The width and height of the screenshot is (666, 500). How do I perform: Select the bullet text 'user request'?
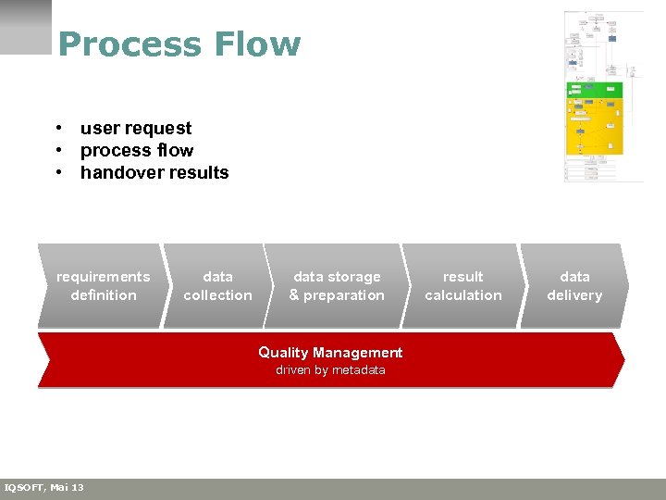pos(136,128)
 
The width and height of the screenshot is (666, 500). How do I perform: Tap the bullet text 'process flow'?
pos(137,150)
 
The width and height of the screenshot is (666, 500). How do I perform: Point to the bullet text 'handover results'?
pos(154,172)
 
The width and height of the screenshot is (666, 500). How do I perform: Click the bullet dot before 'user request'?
pos(57,128)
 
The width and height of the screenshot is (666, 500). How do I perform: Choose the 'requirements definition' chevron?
pos(102,285)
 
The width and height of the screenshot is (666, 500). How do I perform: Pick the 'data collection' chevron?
pos(217,285)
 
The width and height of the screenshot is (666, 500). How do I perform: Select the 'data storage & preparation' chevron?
pos(336,285)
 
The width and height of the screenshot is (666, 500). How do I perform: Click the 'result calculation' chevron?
pos(462,285)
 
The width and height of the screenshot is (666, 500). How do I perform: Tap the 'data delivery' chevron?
pos(574,285)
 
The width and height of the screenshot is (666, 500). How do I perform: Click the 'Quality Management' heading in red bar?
pos(330,353)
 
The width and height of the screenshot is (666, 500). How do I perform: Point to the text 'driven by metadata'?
pos(330,370)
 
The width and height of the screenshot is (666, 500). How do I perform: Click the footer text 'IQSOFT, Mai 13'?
pos(43,488)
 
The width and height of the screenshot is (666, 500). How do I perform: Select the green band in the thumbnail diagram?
pos(594,90)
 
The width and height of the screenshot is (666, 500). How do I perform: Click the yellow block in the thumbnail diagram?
pos(594,127)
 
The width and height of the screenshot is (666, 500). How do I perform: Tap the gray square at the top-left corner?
pos(26,27)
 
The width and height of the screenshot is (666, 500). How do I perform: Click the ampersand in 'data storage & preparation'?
pos(294,295)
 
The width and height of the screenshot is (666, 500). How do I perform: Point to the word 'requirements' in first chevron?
pos(103,277)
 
